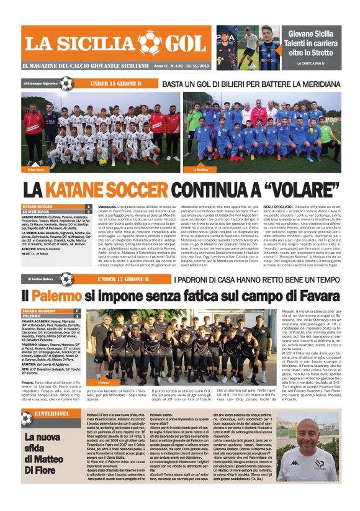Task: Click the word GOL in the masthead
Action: (183, 43)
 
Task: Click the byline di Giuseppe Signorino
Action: (40, 83)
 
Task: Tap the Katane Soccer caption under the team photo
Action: (36, 169)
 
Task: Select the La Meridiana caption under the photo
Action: (200, 169)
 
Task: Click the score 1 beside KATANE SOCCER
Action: (89, 206)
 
